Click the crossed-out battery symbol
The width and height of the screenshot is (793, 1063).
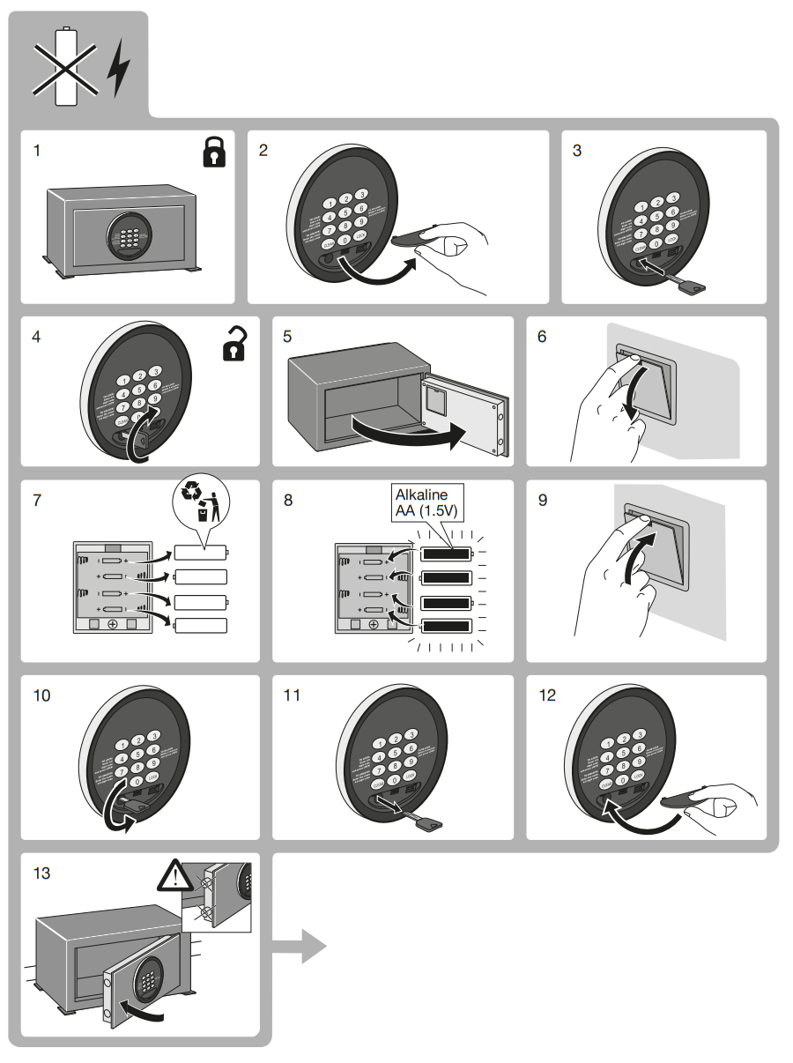tap(66, 66)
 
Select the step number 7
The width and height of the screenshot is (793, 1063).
tap(37, 499)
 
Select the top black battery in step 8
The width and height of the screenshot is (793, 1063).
tap(446, 554)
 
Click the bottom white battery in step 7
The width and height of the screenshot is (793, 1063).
tap(201, 626)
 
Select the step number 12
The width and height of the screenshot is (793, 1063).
tap(547, 695)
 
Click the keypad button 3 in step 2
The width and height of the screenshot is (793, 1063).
tap(360, 194)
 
